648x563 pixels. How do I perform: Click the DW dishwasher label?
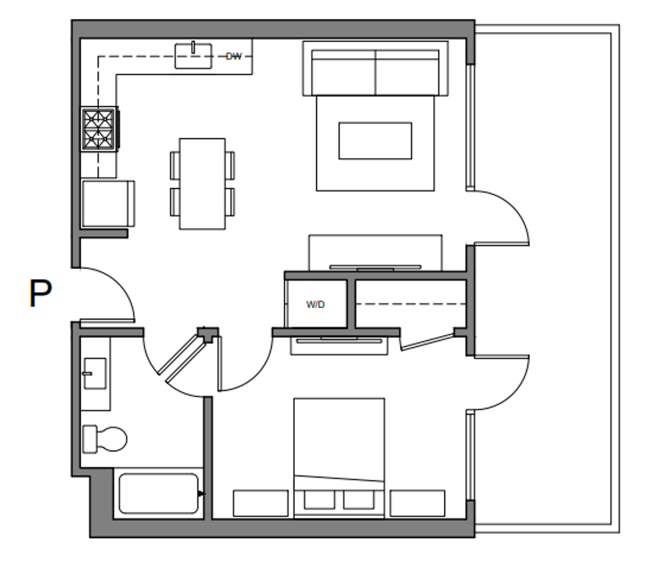234,56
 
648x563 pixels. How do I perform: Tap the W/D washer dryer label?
315,304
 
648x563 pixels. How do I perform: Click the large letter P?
40,294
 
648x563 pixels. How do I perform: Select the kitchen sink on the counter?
193,56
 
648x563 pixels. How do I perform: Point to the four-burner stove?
99,129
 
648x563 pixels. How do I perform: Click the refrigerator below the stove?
108,203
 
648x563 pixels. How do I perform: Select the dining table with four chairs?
202,183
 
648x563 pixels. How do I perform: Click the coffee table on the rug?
375,141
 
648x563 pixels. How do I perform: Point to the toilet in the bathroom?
106,439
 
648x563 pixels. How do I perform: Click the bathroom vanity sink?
95,373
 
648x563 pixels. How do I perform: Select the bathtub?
158,493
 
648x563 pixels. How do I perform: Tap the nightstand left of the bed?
260,503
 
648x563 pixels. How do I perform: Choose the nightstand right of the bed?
417,503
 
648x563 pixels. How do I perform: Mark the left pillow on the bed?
319,499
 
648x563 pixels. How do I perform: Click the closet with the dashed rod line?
410,304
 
